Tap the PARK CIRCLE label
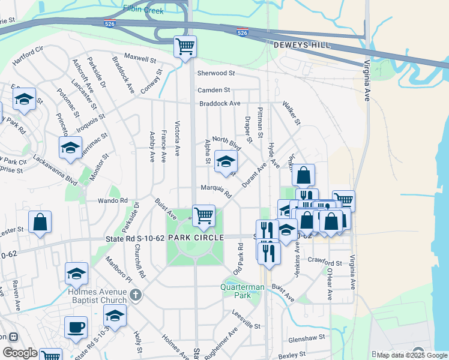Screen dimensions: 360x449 coord(196,238)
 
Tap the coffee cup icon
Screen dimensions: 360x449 coord(76,327)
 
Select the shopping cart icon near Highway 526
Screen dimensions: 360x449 coord(185,46)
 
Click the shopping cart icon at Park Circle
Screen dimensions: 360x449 coord(203,215)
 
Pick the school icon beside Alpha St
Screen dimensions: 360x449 coord(226,161)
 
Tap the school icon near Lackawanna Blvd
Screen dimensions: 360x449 coord(70,148)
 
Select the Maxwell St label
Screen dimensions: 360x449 coord(140,59)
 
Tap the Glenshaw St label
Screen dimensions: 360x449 coord(306,338)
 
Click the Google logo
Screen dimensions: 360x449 coord(20,353)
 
